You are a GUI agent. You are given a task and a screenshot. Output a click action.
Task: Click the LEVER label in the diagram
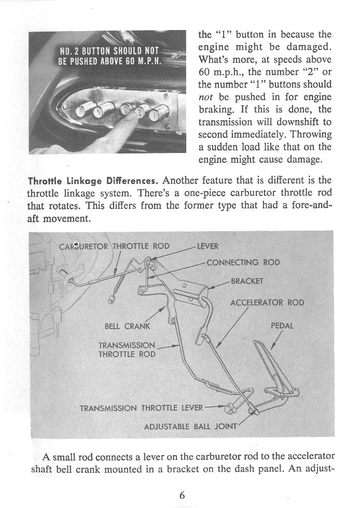tap(208, 246)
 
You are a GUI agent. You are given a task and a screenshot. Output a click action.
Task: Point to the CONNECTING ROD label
tap(243, 262)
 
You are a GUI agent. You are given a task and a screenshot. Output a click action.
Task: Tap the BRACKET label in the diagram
tap(247, 282)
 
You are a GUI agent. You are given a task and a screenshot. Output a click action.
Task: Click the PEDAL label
tap(282, 327)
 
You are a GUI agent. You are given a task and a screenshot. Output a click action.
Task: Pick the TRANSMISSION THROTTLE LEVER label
tap(141, 407)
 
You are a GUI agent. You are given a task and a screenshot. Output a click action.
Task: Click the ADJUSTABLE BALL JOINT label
tap(190, 427)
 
